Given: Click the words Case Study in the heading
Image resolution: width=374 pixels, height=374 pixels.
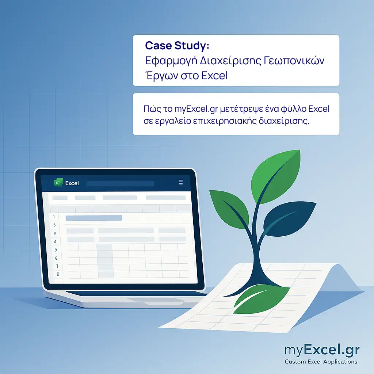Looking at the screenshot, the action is coord(175,46).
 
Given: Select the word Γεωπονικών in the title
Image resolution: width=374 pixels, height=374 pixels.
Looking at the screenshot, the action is coord(294,61).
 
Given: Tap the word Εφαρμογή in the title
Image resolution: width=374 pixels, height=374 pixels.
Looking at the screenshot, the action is coord(171,61).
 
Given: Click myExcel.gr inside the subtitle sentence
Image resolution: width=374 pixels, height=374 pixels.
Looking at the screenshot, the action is coord(196,109).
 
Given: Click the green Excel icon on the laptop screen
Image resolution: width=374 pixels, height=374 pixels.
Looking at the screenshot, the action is coord(58,183).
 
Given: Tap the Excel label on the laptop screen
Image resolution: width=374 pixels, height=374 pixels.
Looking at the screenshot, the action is coord(72,183).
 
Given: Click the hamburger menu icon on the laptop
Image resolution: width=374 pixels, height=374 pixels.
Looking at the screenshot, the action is coord(181,183).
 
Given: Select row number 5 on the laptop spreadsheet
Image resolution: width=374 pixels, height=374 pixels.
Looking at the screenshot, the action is coord(56,250).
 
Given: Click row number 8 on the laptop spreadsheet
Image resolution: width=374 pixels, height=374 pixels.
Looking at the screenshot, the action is coord(57,274).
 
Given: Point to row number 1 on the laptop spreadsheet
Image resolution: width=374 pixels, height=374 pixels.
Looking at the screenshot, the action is coord(54,216).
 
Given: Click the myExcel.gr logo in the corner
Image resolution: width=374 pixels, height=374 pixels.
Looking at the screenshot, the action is coord(322,350).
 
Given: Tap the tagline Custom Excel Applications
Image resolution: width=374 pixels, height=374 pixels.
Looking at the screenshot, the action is coord(321,362).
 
